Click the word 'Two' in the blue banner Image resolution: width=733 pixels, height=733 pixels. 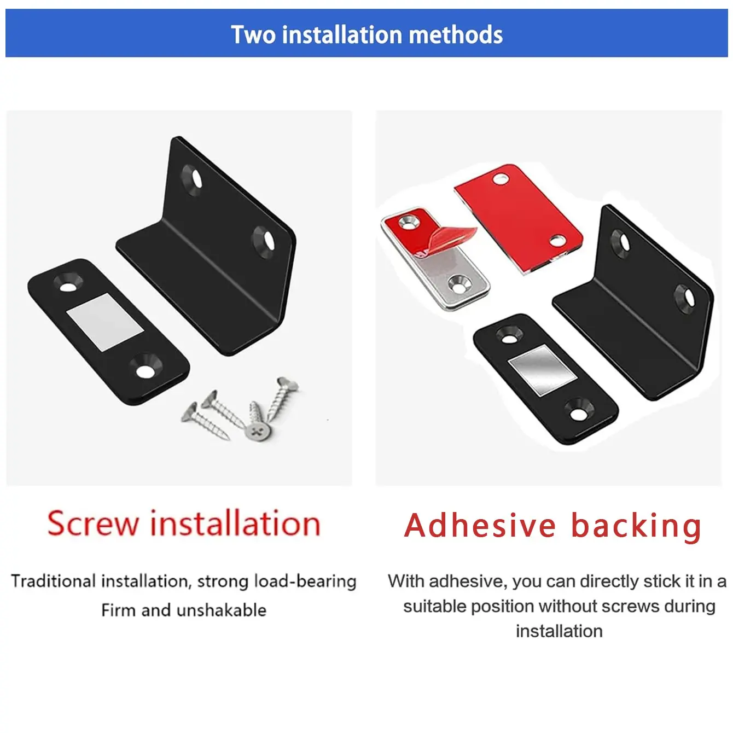(x=253, y=34)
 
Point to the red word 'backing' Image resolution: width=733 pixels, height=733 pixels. (x=636, y=527)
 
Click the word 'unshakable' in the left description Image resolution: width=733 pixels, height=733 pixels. (x=222, y=610)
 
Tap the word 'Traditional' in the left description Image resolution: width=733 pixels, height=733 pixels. (x=54, y=581)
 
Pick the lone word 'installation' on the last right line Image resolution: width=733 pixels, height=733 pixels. (x=559, y=631)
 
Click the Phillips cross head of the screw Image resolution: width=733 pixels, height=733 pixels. (x=259, y=432)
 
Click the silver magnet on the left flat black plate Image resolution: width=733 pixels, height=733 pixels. (x=106, y=322)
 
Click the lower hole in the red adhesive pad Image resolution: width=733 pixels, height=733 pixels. (x=557, y=240)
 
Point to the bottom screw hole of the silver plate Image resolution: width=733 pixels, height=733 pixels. (x=460, y=284)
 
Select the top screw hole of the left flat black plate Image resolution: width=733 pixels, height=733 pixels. (x=69, y=284)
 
